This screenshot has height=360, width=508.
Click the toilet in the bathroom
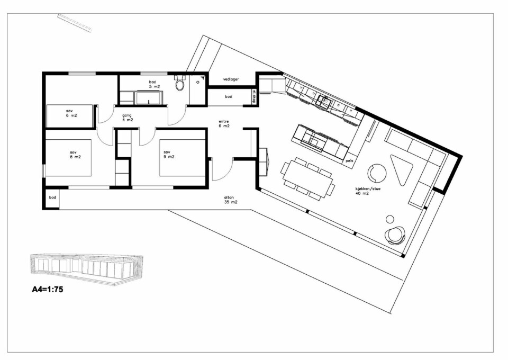[180, 84]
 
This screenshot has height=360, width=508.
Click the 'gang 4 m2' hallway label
[127, 118]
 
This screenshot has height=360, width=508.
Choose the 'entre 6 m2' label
[224, 124]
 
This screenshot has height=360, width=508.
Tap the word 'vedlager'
[231, 79]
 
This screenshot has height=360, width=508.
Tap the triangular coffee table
[403, 167]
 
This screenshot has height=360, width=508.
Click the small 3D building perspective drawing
[87, 268]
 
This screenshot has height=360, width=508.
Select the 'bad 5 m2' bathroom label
[152, 84]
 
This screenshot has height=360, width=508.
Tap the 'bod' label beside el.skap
[228, 97]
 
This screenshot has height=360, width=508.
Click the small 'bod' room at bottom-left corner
[52, 198]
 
